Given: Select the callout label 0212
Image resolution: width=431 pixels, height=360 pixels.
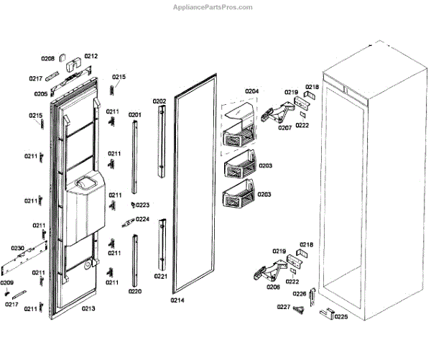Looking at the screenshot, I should [x=91, y=56].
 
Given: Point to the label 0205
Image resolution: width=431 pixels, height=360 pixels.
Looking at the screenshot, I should [x=40, y=93].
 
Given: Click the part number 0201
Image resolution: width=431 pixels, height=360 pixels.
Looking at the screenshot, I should [x=134, y=114].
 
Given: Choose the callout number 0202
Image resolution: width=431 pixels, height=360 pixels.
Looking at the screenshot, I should [x=159, y=101].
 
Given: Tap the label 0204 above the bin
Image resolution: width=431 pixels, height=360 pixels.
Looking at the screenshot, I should [x=251, y=91].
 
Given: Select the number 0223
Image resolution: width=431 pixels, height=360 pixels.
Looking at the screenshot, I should [x=142, y=205].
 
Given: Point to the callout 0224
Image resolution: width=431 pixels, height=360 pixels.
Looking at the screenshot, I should [x=142, y=219].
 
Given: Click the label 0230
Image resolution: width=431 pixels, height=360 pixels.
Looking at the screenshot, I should [x=18, y=248].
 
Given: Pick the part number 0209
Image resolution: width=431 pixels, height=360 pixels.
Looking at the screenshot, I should [x=7, y=282].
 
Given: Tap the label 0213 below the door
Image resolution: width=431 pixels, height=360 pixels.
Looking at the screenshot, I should [x=88, y=308].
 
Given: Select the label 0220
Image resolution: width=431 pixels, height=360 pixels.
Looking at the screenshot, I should [x=134, y=291].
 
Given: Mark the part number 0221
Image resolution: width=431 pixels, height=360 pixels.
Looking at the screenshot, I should [x=160, y=276].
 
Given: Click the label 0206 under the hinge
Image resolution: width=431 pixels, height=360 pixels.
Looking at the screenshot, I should [x=273, y=287].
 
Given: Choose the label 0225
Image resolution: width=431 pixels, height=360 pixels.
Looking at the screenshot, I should [x=340, y=315].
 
